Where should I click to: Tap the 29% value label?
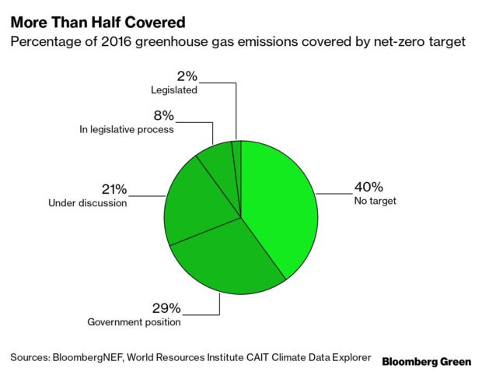coord(166,308)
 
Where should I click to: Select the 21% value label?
coord(114,189)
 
